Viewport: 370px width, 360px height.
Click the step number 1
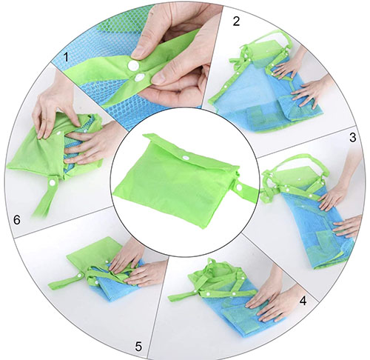click(x=66, y=58)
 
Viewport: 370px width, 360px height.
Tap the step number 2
click(x=236, y=21)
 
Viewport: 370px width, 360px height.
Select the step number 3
click(x=353, y=138)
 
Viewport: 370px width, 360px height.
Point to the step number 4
click(x=303, y=301)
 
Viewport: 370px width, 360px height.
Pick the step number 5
click(x=138, y=346)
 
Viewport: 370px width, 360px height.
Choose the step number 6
click(x=17, y=220)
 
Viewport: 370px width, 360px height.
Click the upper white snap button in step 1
click(x=133, y=65)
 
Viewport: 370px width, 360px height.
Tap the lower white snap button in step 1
click(x=140, y=78)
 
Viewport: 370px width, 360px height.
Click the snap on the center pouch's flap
click(x=184, y=157)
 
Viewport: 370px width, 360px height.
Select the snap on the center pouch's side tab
click(x=238, y=187)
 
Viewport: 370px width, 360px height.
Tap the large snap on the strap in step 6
click(x=52, y=182)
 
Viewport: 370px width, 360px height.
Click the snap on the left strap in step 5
click(x=79, y=276)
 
